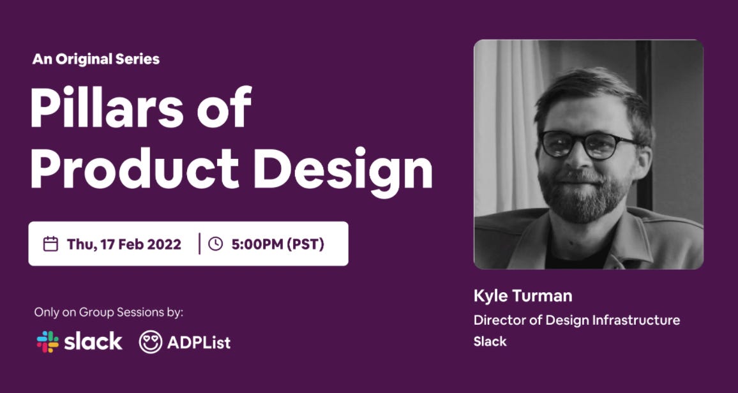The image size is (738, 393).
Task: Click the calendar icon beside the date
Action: [x=50, y=244]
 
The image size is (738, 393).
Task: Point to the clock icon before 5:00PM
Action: [x=215, y=244]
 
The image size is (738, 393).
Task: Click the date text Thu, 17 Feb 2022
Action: [x=124, y=244]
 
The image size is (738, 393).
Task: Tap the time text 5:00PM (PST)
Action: [x=278, y=244]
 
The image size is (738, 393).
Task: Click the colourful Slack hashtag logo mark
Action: [x=47, y=342]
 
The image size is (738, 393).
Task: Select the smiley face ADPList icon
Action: [x=151, y=342]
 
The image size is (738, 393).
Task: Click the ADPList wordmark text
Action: [x=199, y=343]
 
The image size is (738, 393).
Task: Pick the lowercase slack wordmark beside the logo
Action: [x=93, y=342]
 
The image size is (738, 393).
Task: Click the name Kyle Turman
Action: [x=523, y=296]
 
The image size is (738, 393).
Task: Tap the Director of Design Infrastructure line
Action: [x=576, y=320]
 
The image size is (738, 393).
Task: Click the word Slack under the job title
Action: [x=490, y=341]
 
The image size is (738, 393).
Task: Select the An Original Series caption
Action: [x=96, y=59]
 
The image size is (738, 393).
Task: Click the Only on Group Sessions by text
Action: [x=109, y=312]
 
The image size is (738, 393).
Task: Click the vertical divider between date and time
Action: [x=200, y=244]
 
